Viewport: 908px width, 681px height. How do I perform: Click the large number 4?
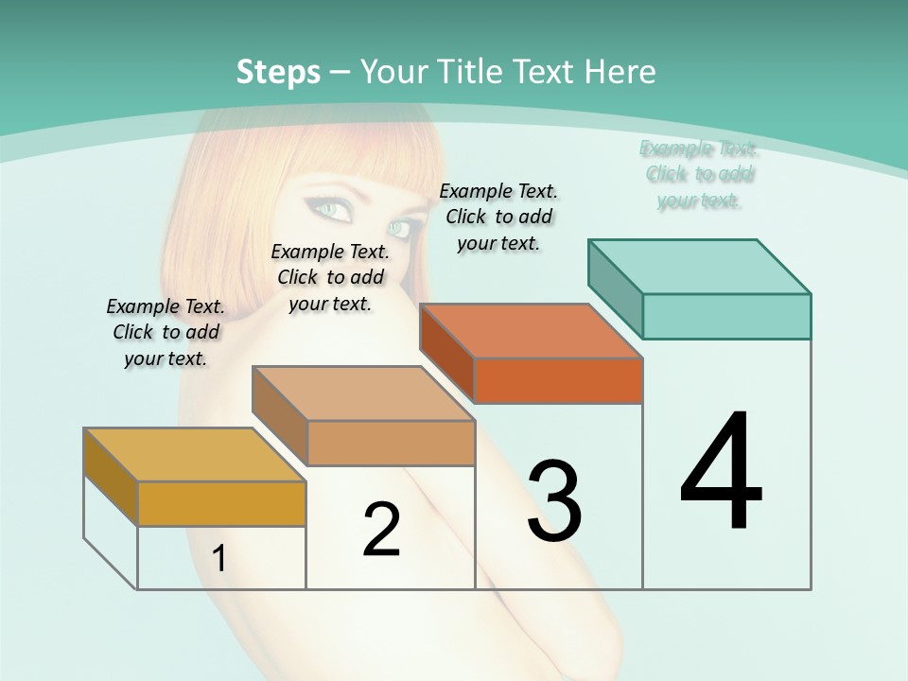click(x=722, y=472)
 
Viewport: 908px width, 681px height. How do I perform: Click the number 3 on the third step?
click(x=554, y=501)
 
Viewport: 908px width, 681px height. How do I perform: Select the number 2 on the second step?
click(x=382, y=530)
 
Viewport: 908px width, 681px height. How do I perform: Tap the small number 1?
click(x=219, y=559)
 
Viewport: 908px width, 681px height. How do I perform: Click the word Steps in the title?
click(x=278, y=72)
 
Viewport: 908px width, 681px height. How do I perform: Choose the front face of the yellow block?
click(x=221, y=503)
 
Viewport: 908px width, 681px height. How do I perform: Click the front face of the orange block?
click(x=558, y=380)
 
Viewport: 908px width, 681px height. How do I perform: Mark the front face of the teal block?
click(x=726, y=316)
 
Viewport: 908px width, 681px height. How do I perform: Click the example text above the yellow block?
click(x=166, y=332)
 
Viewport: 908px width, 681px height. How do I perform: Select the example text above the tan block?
click(x=330, y=277)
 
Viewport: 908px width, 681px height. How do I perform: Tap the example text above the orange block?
click(x=498, y=217)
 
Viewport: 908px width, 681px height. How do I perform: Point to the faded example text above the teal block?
click(x=699, y=174)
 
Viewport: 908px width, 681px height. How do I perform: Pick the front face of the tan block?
click(x=391, y=443)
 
